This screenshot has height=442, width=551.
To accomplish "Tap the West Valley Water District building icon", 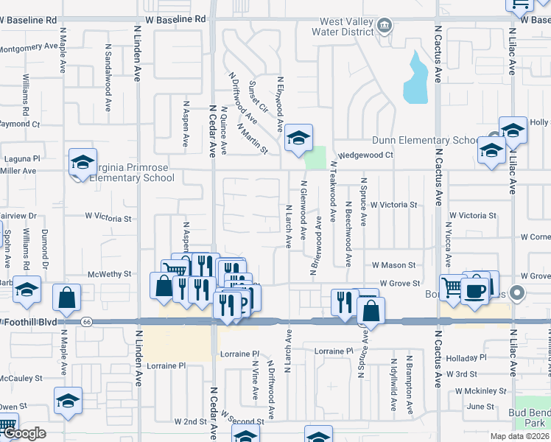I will tap(383, 27).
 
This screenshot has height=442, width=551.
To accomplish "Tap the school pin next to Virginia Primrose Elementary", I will tap(83, 163).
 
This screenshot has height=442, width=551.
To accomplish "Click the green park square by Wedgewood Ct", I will tap(315, 157).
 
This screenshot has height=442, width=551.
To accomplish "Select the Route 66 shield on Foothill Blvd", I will tap(87, 322).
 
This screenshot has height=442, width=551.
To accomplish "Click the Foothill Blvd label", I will tap(29, 322).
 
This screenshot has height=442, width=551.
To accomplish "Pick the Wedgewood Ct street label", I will tap(371, 155).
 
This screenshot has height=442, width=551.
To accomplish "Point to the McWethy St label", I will tap(109, 273).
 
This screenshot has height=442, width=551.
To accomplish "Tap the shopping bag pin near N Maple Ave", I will tap(67, 298).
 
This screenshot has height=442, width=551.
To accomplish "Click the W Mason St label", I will tap(393, 264).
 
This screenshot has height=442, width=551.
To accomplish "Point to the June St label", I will tap(480, 406).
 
